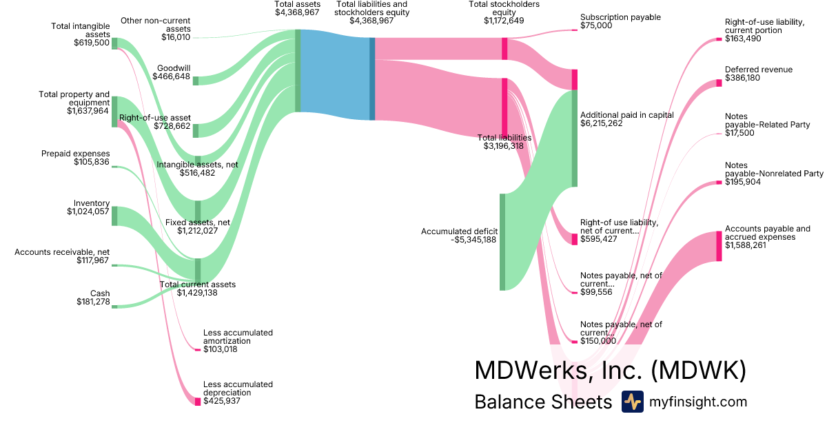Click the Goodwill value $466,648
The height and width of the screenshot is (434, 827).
pos(172,77)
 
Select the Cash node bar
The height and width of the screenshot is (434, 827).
pos(114,306)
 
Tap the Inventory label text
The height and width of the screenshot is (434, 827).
pos(92,203)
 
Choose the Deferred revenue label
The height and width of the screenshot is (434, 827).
pos(758,70)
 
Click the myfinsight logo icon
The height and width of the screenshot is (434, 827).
pos(632,402)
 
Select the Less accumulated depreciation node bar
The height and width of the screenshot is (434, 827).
pos(198,401)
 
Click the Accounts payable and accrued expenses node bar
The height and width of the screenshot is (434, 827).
pos(719,246)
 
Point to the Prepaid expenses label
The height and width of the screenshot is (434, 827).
pos(75,153)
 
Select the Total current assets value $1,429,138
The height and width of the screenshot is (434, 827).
pos(197,293)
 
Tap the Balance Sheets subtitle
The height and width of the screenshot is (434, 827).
pos(543,402)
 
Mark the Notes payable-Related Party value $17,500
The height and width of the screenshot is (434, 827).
pos(739,133)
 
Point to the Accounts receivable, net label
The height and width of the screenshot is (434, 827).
pos(62,251)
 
